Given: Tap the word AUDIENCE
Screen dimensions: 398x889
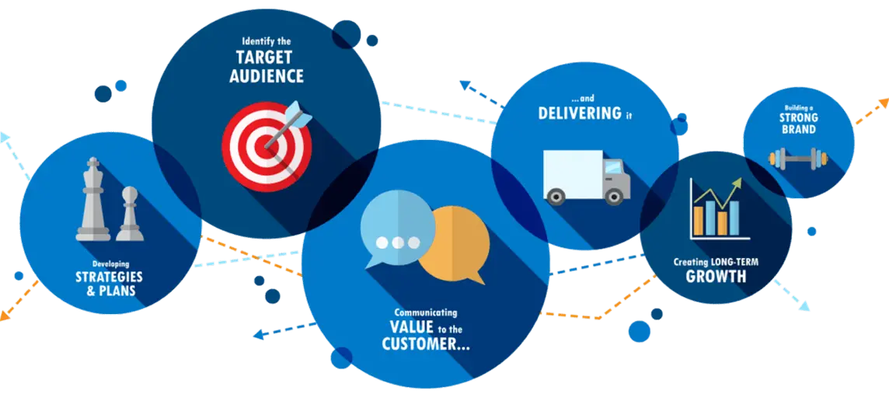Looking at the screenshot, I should point(267,76).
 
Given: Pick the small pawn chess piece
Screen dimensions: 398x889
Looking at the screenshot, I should point(130,214).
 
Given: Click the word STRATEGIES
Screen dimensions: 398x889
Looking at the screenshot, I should point(109,278).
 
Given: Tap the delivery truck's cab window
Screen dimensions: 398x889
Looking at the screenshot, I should point(613,168).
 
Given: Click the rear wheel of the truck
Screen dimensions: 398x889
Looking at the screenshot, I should point(556,196).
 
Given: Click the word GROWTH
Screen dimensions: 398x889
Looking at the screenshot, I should point(716,277).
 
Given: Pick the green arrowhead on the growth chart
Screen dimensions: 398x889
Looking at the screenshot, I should point(736,184).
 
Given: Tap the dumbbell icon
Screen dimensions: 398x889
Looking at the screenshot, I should point(798,160).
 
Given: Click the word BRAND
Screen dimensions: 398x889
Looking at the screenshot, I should point(798,129).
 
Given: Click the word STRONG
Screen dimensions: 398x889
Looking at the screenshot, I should point(798,118).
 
